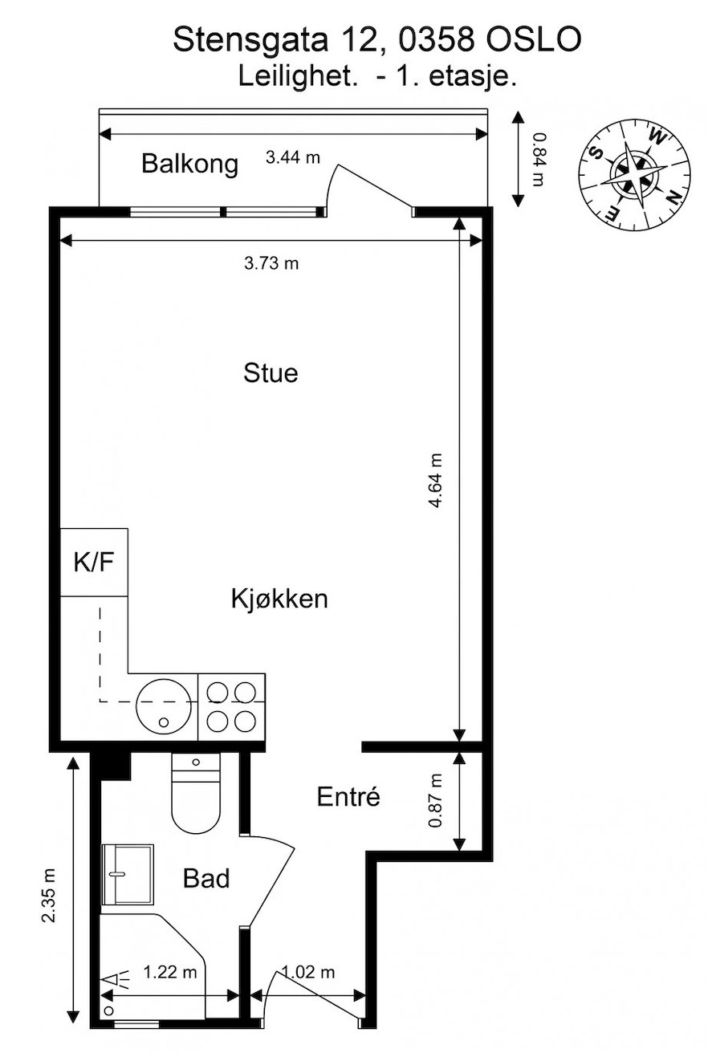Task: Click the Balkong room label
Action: point(190,165)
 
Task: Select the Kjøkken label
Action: point(279,599)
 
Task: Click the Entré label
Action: point(348,796)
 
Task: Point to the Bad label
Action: point(206,879)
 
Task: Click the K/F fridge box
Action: point(95,563)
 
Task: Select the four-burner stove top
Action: point(232,708)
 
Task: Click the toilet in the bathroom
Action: point(196,794)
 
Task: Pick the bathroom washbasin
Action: point(128,875)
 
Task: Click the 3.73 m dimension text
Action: point(271,263)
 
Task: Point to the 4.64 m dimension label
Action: point(436,481)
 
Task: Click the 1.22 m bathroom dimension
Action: point(169,971)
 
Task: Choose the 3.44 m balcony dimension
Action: point(292,157)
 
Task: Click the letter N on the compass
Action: point(673,198)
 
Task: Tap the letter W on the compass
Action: point(657,137)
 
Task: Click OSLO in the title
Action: point(533,39)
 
